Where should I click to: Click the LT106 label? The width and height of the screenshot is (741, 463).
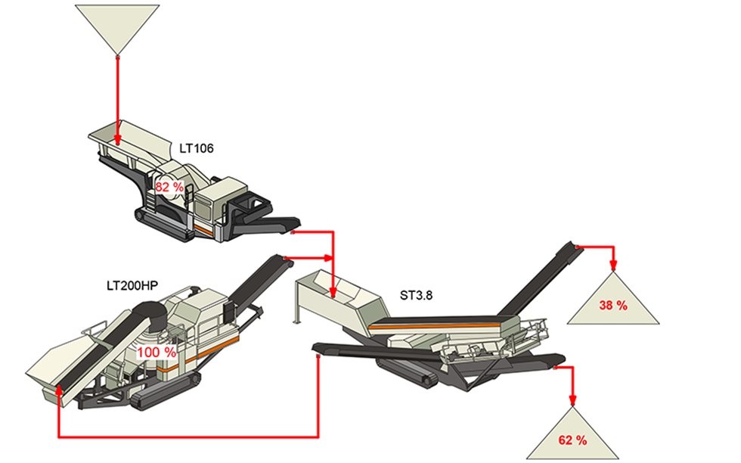[197, 148]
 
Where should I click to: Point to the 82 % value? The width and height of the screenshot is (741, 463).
[169, 186]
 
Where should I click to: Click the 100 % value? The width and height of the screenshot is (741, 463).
[157, 352]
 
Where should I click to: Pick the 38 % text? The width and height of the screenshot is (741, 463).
[613, 306]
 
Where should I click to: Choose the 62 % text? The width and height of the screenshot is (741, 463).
[572, 440]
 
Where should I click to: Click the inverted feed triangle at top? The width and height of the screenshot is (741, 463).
[118, 26]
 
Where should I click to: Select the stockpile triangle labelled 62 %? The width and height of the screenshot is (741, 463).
[572, 435]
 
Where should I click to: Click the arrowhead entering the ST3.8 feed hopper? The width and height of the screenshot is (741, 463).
[333, 287]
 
